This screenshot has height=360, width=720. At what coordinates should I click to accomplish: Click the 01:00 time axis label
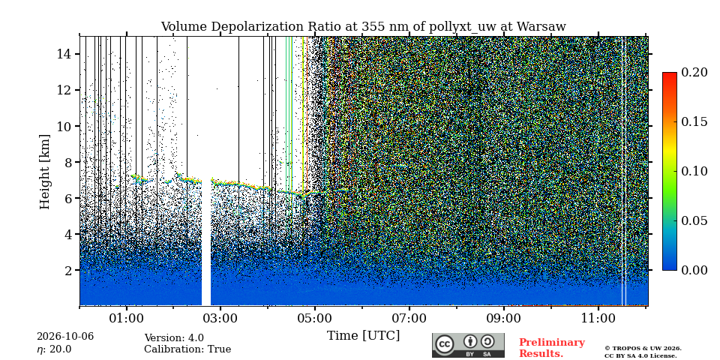(x=126, y=318)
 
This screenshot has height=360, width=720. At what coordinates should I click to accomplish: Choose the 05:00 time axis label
(x=314, y=318)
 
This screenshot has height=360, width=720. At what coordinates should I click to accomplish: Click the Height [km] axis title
(x=44, y=171)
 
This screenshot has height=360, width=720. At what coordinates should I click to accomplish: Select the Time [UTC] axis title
(x=363, y=336)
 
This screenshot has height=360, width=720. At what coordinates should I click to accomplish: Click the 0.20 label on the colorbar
(x=694, y=72)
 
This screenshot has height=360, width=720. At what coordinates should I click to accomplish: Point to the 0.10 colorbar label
(x=694, y=171)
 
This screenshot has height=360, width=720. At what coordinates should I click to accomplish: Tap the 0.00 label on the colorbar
(x=694, y=270)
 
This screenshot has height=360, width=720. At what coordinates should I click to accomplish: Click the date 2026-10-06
(x=65, y=337)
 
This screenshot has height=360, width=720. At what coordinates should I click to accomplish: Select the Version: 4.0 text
(x=174, y=338)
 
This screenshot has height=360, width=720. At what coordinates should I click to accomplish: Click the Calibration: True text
(x=187, y=349)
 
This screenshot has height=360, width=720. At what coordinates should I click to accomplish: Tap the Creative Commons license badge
(x=468, y=345)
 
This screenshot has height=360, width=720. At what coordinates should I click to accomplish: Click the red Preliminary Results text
(x=552, y=348)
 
